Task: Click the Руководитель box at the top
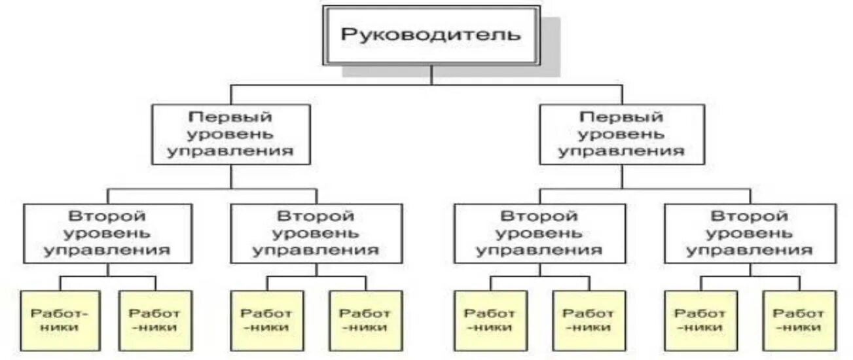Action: tap(431, 35)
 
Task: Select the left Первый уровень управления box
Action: tap(230, 134)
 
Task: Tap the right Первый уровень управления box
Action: tap(621, 134)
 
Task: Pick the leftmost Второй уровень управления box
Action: tap(108, 233)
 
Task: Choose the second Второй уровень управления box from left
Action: tap(316, 233)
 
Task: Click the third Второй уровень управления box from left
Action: tap(539, 233)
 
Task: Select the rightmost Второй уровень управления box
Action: tap(750, 233)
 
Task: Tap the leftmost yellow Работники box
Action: tap(60, 320)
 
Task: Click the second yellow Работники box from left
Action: tap(155, 320)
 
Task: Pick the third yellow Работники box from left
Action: tap(266, 320)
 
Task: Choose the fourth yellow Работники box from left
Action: tap(365, 320)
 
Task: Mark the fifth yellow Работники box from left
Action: tap(490, 320)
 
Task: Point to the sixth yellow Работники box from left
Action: tap(589, 320)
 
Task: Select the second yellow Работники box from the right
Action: tap(700, 320)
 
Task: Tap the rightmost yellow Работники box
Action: tap(799, 320)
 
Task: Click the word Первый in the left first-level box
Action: tap(230, 118)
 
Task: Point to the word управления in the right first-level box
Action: tap(621, 151)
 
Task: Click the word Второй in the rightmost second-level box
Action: tap(750, 216)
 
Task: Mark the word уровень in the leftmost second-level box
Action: tap(108, 233)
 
